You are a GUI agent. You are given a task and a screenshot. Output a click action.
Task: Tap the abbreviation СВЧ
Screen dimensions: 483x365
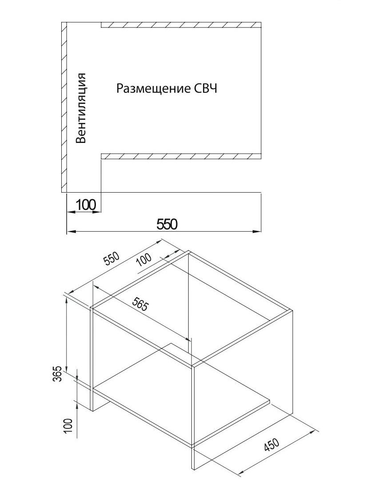[206, 88]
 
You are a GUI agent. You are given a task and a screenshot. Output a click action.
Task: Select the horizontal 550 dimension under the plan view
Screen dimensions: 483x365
[167, 224]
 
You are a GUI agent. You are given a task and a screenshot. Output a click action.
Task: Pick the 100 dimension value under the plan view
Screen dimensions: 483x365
[86, 205]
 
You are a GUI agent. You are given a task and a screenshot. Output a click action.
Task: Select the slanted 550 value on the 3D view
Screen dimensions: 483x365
[112, 258]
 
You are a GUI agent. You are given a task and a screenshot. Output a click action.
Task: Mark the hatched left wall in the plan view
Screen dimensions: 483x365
[64, 107]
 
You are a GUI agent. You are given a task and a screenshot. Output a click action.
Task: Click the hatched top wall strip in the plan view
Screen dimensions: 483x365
[181, 25]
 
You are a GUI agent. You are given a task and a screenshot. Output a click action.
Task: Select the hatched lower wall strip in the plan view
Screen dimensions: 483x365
[181, 156]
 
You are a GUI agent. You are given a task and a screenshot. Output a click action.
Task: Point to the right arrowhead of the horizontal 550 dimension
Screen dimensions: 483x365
[257, 231]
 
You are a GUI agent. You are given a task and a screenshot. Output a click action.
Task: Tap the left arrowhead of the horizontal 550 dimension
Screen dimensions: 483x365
[70, 231]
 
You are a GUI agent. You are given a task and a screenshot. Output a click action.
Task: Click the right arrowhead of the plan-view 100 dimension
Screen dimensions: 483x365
[98, 212]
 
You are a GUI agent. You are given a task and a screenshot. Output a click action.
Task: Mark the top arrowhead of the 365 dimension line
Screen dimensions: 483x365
[67, 301]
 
